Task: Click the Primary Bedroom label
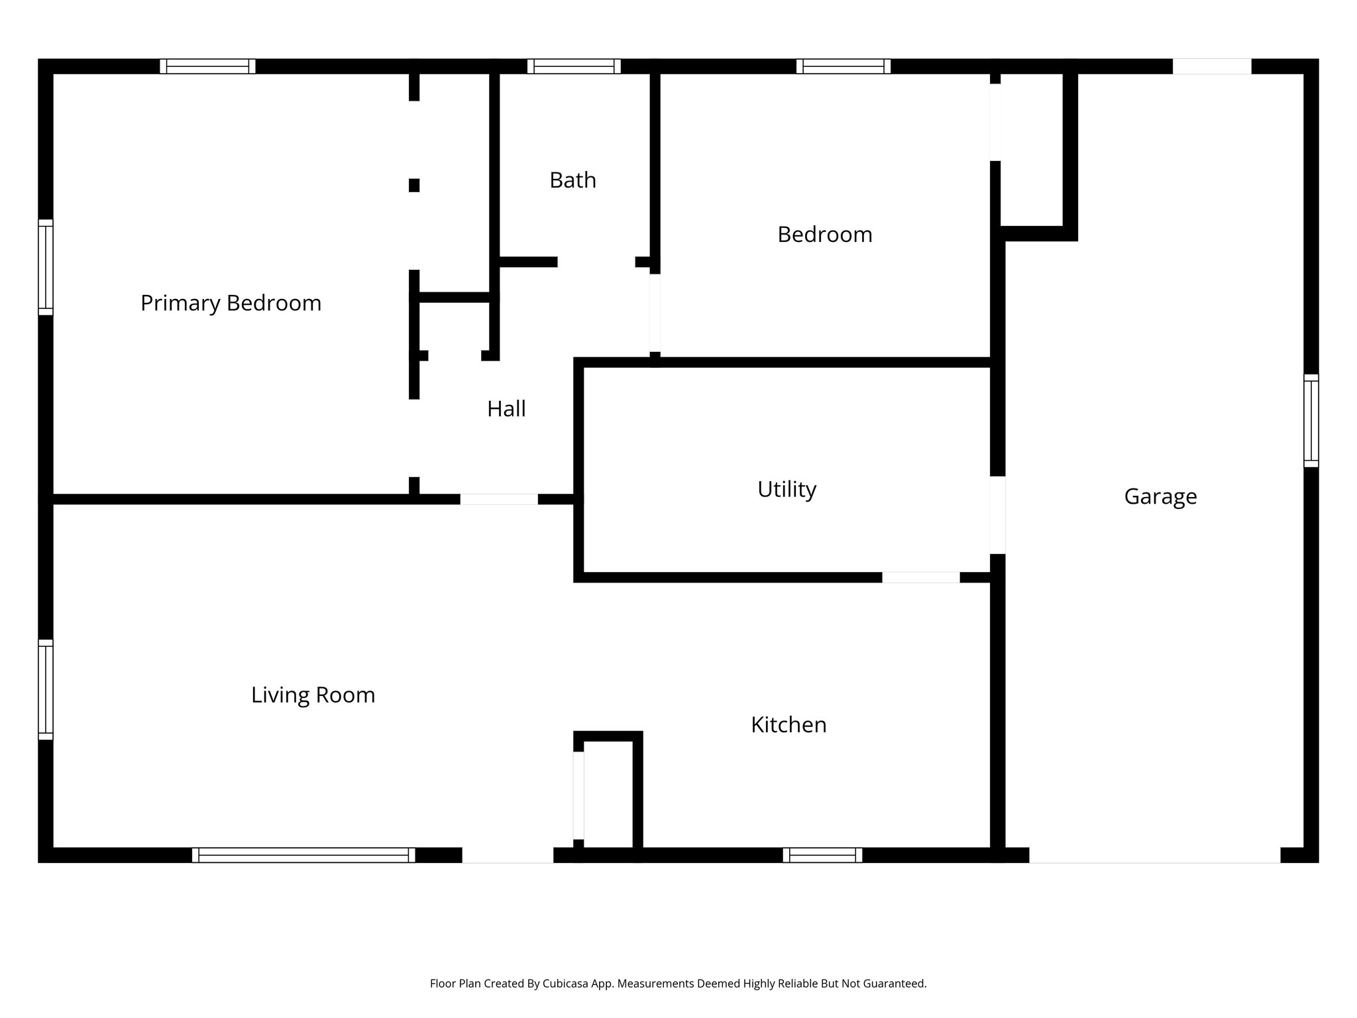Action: pyautogui.click(x=231, y=303)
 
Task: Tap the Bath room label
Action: pyautogui.click(x=572, y=180)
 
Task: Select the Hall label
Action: pyautogui.click(x=506, y=409)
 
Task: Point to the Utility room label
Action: pyautogui.click(x=787, y=489)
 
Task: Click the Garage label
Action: pyautogui.click(x=1160, y=496)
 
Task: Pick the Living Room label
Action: pyautogui.click(x=313, y=695)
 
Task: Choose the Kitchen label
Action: pyautogui.click(x=788, y=724)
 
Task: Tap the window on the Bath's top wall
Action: pyautogui.click(x=574, y=66)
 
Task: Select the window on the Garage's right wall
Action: pyautogui.click(x=1311, y=421)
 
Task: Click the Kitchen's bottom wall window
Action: pyautogui.click(x=822, y=855)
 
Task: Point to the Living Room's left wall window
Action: pyautogui.click(x=45, y=689)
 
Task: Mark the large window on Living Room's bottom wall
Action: pyautogui.click(x=303, y=855)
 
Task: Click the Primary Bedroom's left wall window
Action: pyautogui.click(x=45, y=267)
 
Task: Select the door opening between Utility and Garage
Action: pyautogui.click(x=997, y=515)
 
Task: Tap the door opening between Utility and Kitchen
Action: pyautogui.click(x=920, y=577)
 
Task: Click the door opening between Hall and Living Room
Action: pyautogui.click(x=499, y=499)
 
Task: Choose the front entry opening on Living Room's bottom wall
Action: pyautogui.click(x=508, y=855)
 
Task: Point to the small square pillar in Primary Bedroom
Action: pyautogui.click(x=414, y=185)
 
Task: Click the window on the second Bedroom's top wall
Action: pyautogui.click(x=843, y=66)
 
